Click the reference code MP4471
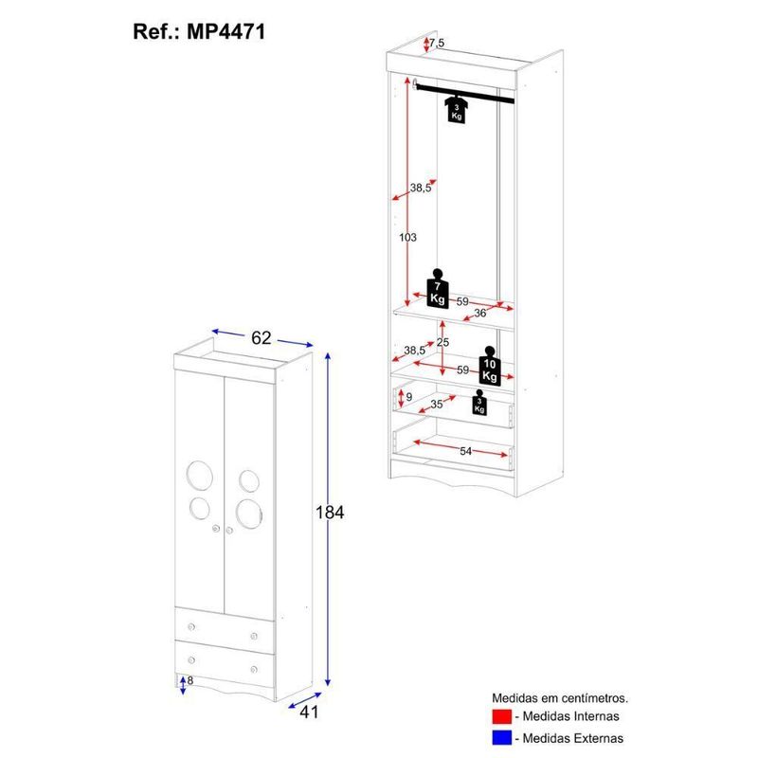pos(226,32)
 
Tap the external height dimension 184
pos(330,512)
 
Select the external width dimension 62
pos(262,338)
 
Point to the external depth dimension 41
pos(310,713)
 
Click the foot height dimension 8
pos(190,680)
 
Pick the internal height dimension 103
pos(407,238)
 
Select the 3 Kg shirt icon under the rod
pos(457,109)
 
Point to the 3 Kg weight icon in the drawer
pos(479,402)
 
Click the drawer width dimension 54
pos(465,451)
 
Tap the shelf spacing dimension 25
pos(442,342)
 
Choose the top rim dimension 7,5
pos(437,43)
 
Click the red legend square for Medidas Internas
pos(502,716)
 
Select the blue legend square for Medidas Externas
pos(502,738)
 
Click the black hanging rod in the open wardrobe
pos(464,93)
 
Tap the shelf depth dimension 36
pos(480,314)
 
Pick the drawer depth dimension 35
pos(437,405)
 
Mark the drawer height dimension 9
pos(409,397)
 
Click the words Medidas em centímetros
pos(560,698)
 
